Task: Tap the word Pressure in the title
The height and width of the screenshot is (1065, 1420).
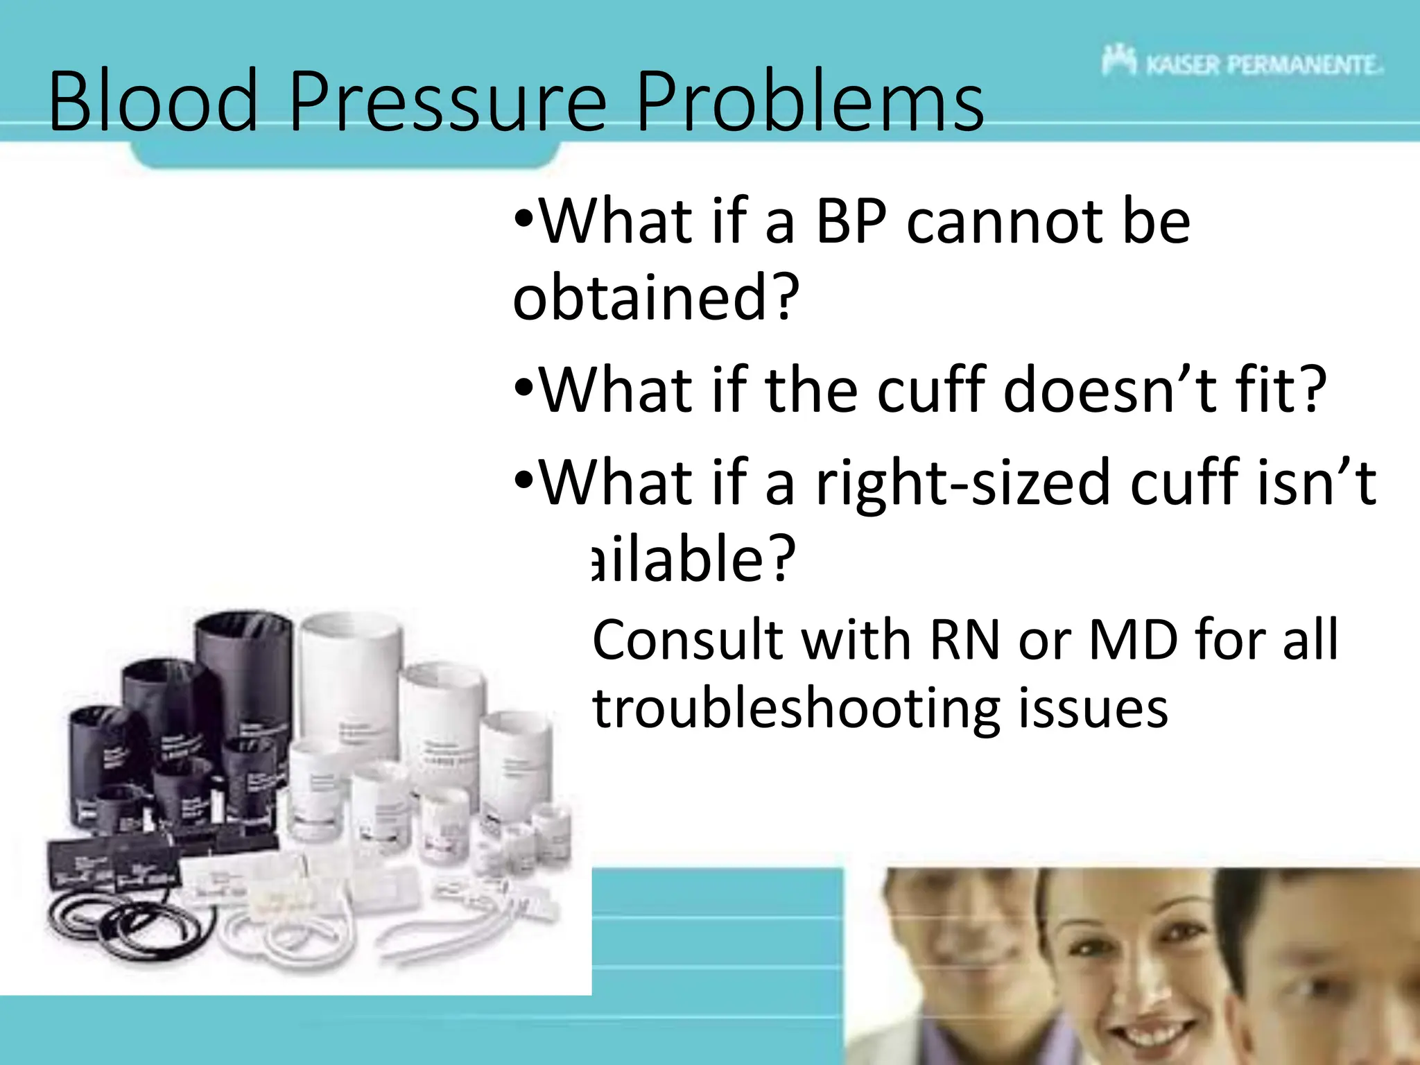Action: (447, 103)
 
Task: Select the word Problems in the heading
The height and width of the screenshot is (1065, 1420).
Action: (810, 103)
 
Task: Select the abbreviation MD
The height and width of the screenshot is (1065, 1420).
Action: (1133, 640)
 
